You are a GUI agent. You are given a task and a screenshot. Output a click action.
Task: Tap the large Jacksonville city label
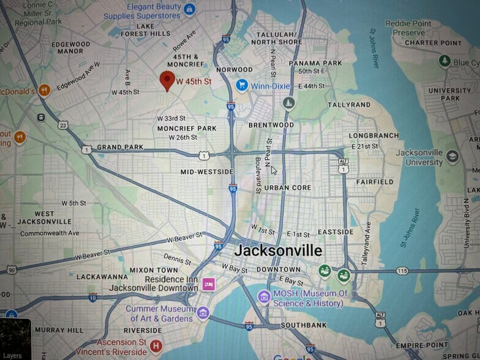coord(278,251)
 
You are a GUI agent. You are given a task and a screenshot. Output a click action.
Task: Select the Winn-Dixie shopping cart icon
coord(242,85)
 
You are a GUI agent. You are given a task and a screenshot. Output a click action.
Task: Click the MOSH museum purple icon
coord(264,297)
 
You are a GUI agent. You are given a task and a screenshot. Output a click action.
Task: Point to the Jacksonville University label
coord(419,157)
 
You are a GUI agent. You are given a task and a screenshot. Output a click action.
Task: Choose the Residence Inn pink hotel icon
coord(209,283)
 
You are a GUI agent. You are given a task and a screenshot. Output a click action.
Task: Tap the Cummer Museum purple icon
coord(203,313)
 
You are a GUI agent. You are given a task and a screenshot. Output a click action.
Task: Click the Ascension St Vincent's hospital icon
coord(156,347)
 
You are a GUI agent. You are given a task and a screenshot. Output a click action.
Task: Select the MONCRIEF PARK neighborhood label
coord(187,129)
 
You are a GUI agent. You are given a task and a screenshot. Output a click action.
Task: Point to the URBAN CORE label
coord(288,187)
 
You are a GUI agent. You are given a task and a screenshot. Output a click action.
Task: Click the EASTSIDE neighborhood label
coord(336,232)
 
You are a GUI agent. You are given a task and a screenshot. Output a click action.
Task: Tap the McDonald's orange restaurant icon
coord(43,91)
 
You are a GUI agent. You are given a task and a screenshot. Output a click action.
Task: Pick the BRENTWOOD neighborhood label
coord(271,125)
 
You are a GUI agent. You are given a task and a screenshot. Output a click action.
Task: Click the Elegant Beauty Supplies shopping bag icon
coord(189,9)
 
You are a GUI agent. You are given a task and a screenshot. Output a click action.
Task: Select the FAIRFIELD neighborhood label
coord(375,182)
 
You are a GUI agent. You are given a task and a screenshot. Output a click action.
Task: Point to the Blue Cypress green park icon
coord(444,62)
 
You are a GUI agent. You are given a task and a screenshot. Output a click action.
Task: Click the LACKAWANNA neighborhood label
coord(103,277)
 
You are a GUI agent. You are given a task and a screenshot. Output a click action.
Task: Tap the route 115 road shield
coord(402,270)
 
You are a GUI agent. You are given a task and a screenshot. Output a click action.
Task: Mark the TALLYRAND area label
coord(349,105)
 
